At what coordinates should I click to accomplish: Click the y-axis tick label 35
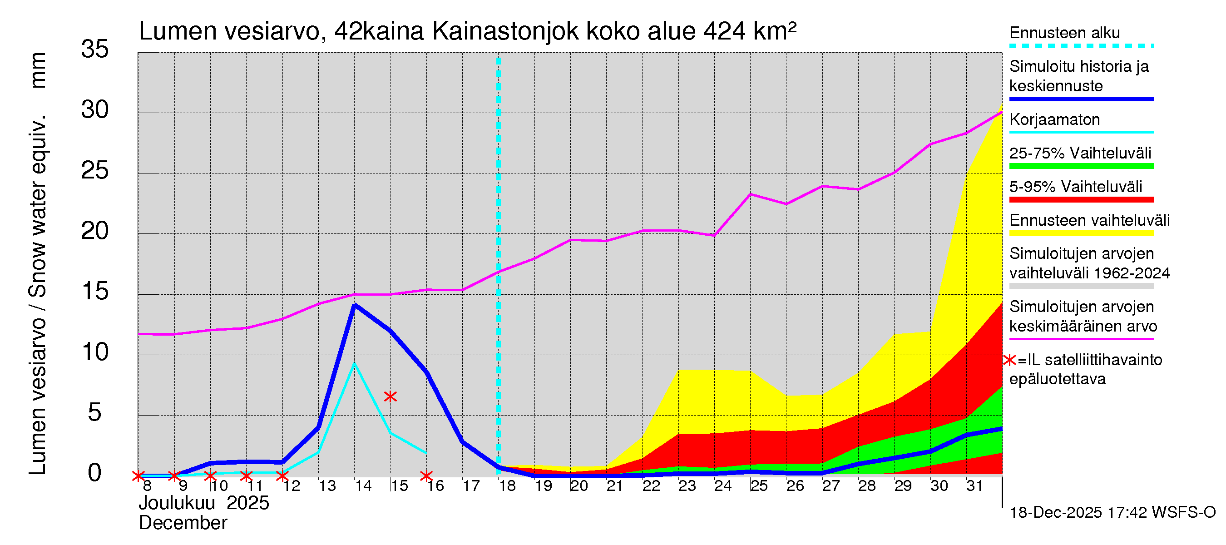click(95, 49)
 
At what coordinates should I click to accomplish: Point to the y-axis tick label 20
click(95, 231)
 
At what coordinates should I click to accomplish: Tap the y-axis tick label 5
click(95, 412)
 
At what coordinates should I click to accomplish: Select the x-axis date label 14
click(363, 486)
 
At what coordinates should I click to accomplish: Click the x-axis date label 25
click(759, 486)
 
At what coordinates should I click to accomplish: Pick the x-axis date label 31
click(974, 486)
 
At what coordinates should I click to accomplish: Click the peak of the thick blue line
click(355, 305)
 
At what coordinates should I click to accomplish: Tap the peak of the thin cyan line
click(355, 364)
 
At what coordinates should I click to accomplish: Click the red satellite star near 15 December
click(390, 396)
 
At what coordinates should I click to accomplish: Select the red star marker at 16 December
click(426, 476)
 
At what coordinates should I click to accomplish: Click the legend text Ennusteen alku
click(1064, 33)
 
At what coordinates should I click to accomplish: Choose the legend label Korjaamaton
click(1054, 119)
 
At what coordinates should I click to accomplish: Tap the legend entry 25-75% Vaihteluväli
click(1080, 153)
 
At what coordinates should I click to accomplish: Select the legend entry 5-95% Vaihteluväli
click(1075, 187)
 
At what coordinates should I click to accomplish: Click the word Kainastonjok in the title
click(505, 31)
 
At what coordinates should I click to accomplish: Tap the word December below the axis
click(183, 523)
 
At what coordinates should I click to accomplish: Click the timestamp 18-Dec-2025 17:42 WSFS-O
click(1112, 513)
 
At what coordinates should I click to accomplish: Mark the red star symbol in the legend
click(1009, 360)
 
